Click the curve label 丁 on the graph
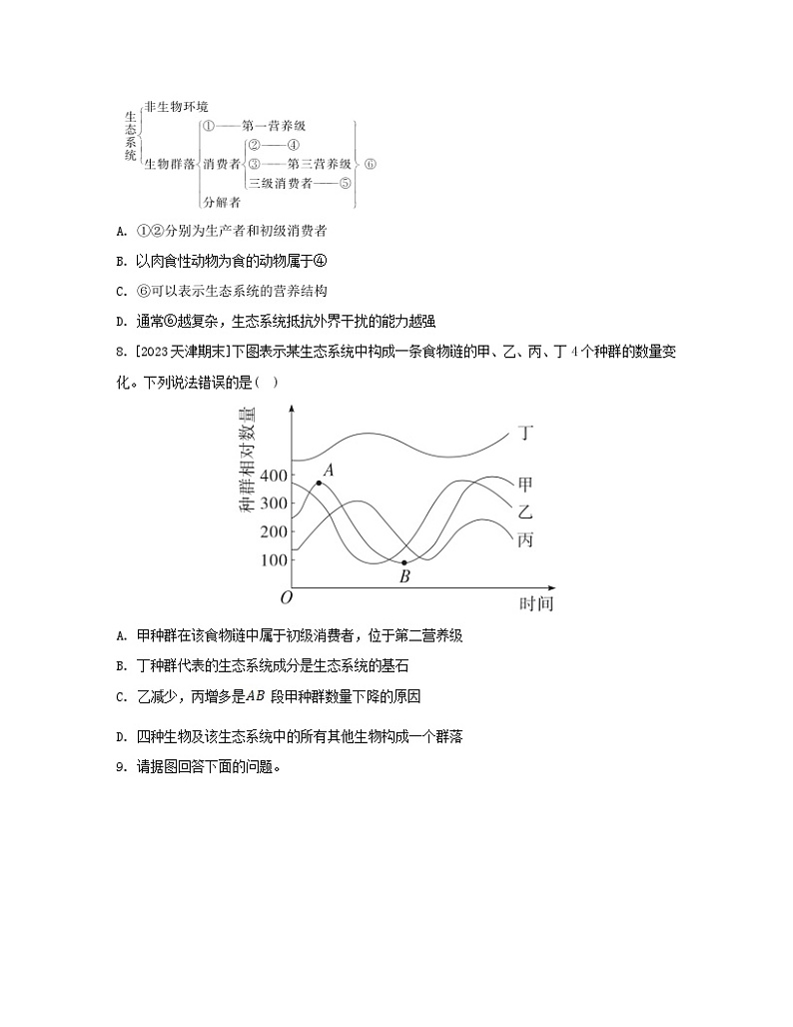coord(526,433)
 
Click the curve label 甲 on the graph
coord(526,485)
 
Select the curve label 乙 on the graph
coord(526,512)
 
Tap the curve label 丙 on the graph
coord(526,539)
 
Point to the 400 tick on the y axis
coord(273,475)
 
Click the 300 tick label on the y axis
coord(273,503)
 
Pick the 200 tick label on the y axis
coord(273,531)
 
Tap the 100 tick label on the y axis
coord(273,559)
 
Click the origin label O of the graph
coord(287,597)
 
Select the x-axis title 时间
coord(535,603)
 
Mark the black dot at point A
coord(319,483)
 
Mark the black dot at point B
coord(404,562)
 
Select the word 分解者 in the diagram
coord(221,202)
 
